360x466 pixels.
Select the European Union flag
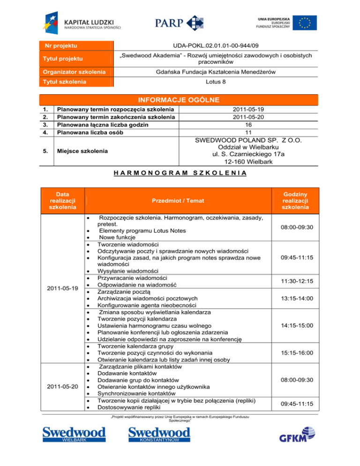(304, 23)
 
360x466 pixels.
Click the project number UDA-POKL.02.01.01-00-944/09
(216, 45)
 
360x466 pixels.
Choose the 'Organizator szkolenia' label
(75, 72)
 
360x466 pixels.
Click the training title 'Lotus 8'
(216, 82)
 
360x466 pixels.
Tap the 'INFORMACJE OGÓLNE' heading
(180, 100)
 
